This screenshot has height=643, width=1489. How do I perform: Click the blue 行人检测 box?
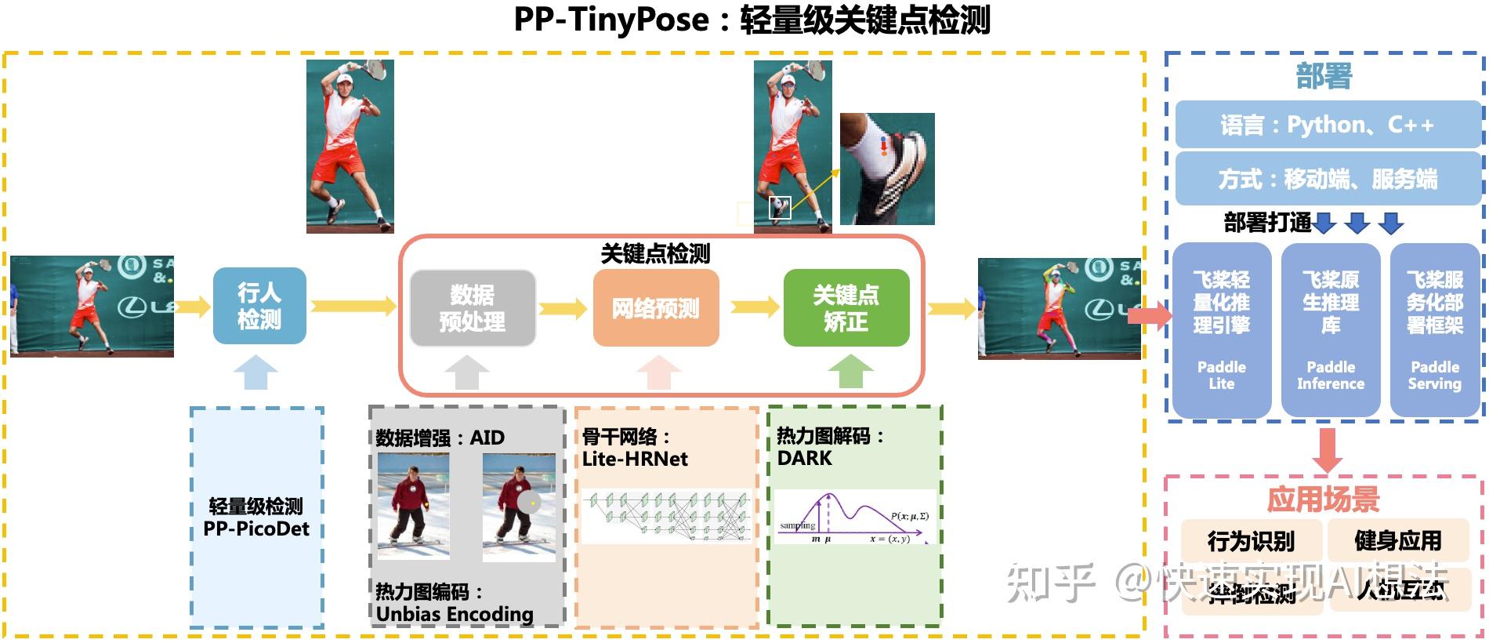[x=259, y=306]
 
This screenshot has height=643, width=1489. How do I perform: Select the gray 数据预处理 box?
[x=473, y=308]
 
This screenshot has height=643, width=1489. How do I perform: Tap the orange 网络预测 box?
[x=656, y=308]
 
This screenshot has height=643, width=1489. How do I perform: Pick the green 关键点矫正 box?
[x=846, y=308]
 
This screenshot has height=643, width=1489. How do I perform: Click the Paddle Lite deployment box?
[x=1221, y=329]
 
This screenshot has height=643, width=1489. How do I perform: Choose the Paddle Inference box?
[x=1330, y=329]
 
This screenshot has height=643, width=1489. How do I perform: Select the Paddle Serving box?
[x=1434, y=329]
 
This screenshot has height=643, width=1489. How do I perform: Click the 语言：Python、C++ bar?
[x=1327, y=125]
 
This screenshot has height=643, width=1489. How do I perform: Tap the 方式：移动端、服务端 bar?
[x=1327, y=179]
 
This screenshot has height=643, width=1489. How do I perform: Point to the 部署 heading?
[x=1324, y=76]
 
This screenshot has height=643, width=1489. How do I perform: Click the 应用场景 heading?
[x=1323, y=499]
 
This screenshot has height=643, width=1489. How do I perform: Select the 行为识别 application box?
[x=1251, y=540]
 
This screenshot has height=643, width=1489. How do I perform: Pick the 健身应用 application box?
[x=1398, y=539]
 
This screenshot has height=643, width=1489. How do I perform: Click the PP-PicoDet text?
[x=256, y=529]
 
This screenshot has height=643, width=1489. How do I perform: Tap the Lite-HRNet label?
[x=635, y=459]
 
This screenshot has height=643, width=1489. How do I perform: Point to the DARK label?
[x=805, y=458]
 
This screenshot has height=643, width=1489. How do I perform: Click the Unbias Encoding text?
[x=455, y=614]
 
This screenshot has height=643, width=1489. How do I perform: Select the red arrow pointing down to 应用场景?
[x=1326, y=449]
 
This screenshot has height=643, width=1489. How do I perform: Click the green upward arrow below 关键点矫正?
[x=850, y=372]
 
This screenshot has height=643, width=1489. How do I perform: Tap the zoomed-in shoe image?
[x=887, y=169]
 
